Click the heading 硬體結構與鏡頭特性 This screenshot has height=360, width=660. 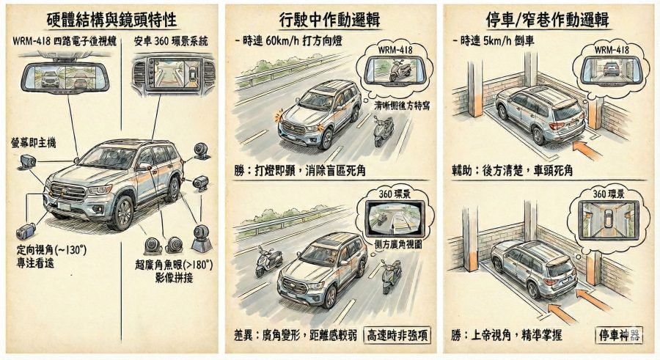click(x=110, y=19)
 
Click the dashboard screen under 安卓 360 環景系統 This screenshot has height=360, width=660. click(x=171, y=73)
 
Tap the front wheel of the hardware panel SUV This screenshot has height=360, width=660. click(x=123, y=212)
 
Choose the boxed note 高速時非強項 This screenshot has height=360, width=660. click(x=398, y=335)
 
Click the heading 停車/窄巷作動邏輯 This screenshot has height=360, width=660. click(x=549, y=19)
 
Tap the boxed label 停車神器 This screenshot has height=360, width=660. click(x=620, y=335)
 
